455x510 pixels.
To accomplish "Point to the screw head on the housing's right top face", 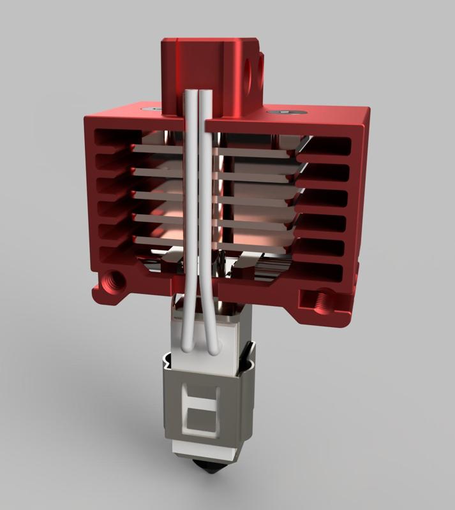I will point(283,113).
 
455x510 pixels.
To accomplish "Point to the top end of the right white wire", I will point(206,96).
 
